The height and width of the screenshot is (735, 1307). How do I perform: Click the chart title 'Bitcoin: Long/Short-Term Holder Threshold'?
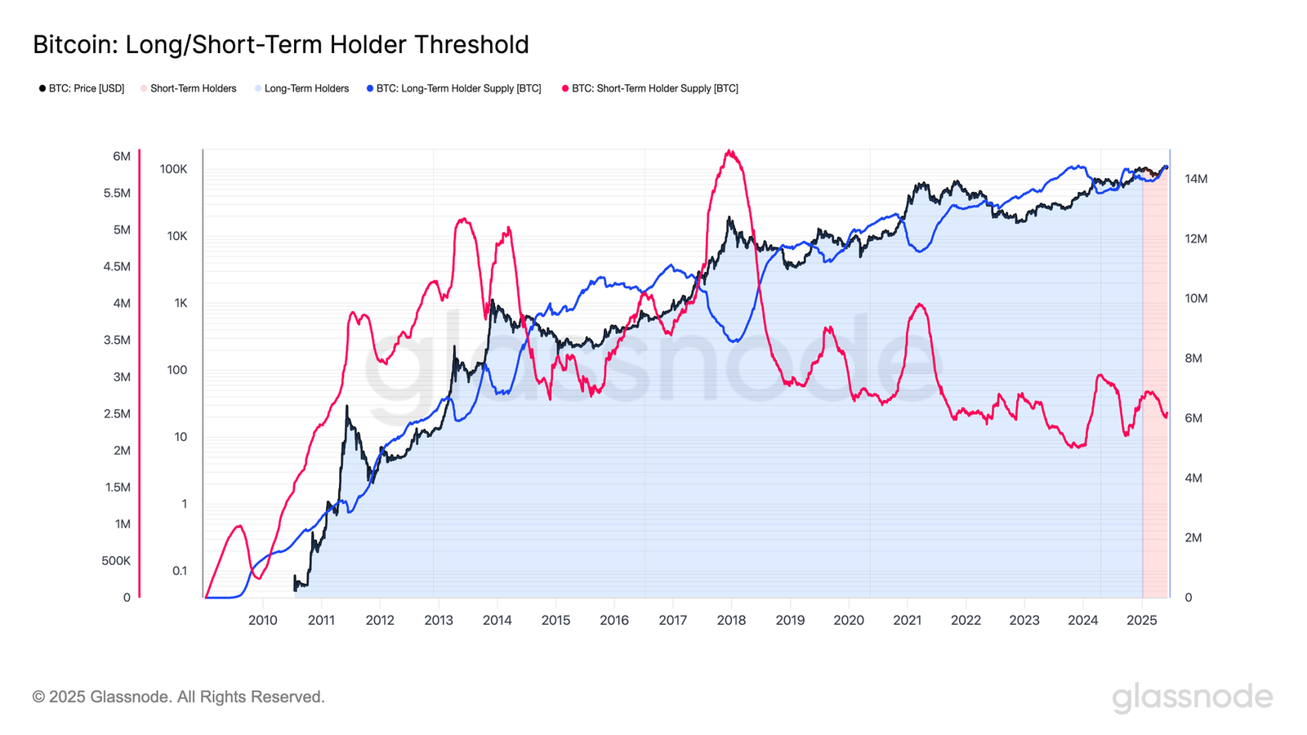click(x=280, y=44)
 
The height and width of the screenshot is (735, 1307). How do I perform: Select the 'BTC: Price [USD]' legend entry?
click(x=86, y=88)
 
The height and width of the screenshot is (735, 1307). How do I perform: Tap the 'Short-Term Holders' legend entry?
click(x=193, y=88)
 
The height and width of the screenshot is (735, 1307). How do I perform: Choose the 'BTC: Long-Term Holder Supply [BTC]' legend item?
click(x=458, y=88)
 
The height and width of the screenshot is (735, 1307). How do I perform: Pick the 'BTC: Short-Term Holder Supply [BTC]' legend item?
click(x=654, y=88)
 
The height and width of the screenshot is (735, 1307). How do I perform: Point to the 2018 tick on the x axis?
click(x=731, y=620)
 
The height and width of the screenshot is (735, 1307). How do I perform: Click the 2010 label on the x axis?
click(x=262, y=620)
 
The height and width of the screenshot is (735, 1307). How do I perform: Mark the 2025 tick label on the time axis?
click(x=1141, y=620)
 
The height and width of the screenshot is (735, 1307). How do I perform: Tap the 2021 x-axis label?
click(x=907, y=620)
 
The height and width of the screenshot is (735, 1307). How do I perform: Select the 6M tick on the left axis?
click(x=122, y=156)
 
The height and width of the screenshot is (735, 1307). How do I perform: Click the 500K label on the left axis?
click(x=116, y=561)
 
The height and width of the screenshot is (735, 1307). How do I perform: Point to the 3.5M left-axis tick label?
click(x=117, y=340)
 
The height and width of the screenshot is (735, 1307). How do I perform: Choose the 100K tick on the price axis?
click(x=173, y=169)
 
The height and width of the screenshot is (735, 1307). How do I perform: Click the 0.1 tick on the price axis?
click(x=180, y=571)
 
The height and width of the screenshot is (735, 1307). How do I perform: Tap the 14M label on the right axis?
click(x=1196, y=179)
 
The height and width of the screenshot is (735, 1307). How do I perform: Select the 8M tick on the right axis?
click(x=1193, y=359)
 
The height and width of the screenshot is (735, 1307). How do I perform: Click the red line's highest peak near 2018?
click(x=729, y=151)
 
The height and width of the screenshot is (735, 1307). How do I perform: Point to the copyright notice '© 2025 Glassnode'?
click(x=178, y=697)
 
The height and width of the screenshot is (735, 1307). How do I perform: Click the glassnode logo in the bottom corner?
click(x=1192, y=697)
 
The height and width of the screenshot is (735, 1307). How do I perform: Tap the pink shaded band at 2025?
click(x=1155, y=408)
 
